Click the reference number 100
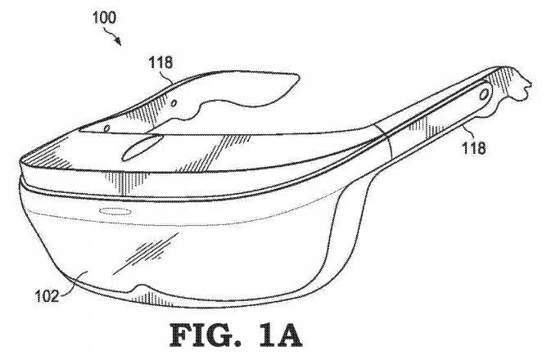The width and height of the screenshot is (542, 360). point(104,17)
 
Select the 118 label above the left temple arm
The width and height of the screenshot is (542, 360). point(160,62)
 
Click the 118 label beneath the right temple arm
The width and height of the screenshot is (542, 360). point(474,147)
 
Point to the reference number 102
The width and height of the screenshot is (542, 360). point(47,296)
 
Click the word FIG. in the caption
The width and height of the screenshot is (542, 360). point(206,335)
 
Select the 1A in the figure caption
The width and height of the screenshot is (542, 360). point(280,335)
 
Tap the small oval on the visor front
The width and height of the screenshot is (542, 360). point(115,211)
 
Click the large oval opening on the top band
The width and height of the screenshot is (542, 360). point(142,147)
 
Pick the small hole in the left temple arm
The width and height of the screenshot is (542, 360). point(174,103)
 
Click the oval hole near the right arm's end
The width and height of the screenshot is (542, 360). point(485,93)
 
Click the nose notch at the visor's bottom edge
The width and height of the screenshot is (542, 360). point(142,288)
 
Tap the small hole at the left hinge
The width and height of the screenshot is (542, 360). point(107,128)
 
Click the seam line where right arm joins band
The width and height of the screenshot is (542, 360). point(384,142)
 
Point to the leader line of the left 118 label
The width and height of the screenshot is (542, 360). point(168,75)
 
